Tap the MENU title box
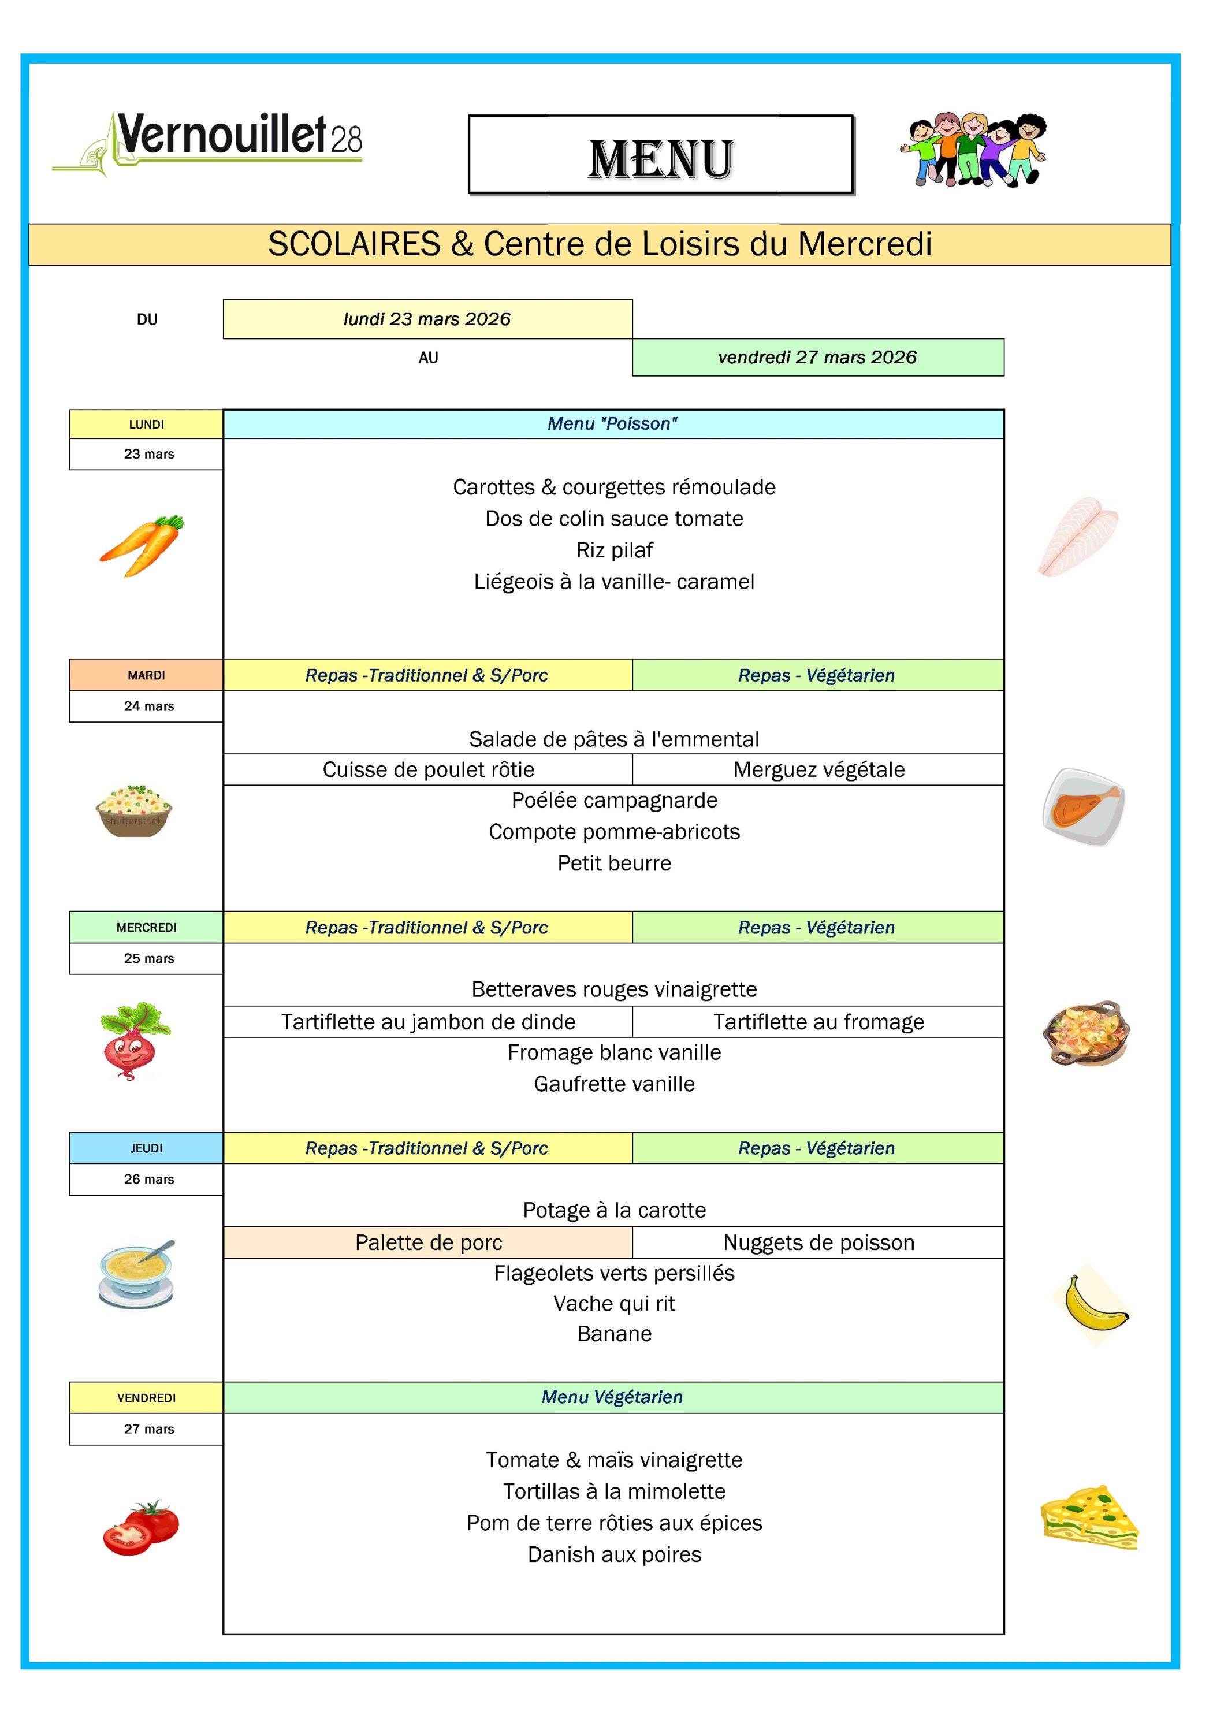[660, 155]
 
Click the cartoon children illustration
[973, 150]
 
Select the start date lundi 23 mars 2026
[427, 319]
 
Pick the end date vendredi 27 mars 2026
[817, 357]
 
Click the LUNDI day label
[146, 424]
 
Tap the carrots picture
[142, 545]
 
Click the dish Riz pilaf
[614, 550]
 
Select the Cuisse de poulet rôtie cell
[428, 769]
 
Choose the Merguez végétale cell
[818, 769]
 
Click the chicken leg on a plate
[1083, 807]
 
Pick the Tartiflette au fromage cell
[818, 1022]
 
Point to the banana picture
[1092, 1304]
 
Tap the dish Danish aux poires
[614, 1554]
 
